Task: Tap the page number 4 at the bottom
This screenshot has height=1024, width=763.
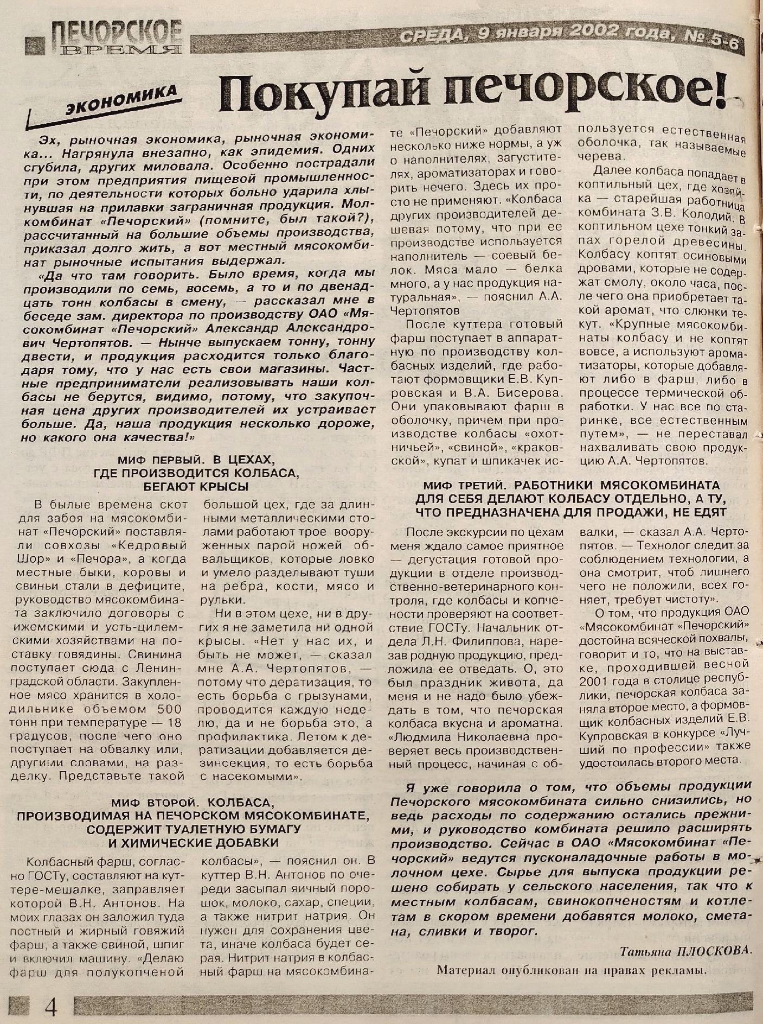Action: tap(51, 1007)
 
